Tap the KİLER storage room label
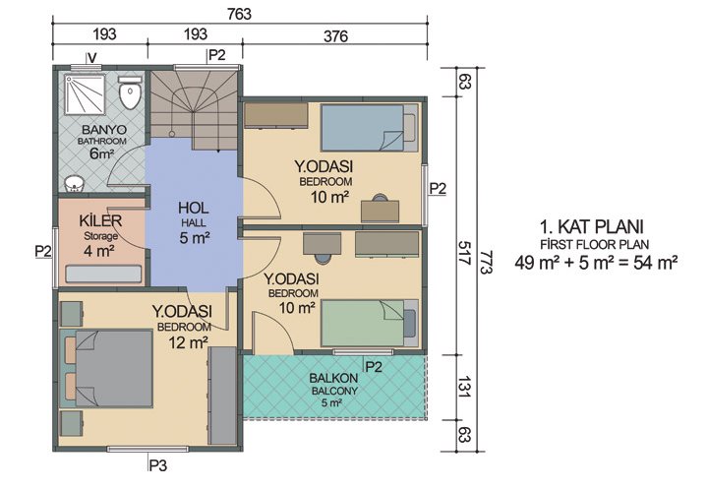coord(98,220)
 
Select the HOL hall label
coord(194,209)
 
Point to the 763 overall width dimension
coord(239,14)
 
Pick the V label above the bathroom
coord(90,57)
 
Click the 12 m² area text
coord(188,341)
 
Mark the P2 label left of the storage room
coord(42,251)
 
